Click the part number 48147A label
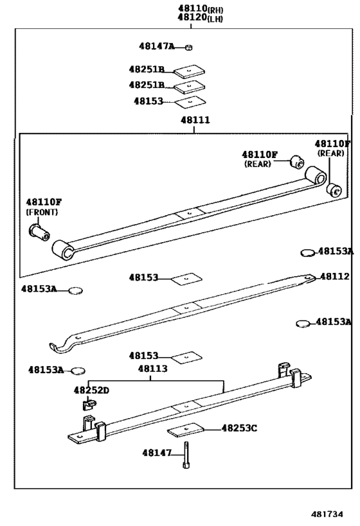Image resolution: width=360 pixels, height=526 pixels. click(x=157, y=46)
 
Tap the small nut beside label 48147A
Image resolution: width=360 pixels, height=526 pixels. click(x=189, y=47)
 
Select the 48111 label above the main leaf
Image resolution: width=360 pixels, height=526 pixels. click(x=194, y=119)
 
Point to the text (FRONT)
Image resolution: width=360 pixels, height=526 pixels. click(x=42, y=212)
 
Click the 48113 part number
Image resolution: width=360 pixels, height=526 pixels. click(x=152, y=369)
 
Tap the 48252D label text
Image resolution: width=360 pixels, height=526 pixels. click(x=91, y=390)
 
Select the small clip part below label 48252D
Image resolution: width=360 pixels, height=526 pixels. click(x=87, y=405)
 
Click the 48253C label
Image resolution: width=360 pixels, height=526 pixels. click(x=239, y=427)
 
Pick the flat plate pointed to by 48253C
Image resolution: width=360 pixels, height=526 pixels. click(x=186, y=431)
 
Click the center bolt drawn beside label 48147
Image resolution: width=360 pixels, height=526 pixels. click(x=185, y=455)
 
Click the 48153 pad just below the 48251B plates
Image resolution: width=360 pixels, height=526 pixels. click(x=190, y=101)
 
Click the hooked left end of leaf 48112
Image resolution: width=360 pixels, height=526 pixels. click(x=59, y=347)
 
